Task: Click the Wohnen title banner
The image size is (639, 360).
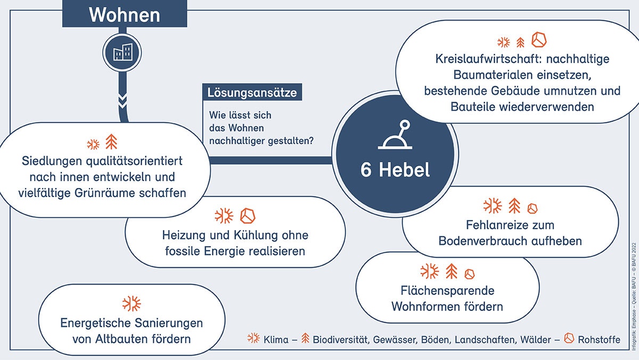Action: click(x=125, y=14)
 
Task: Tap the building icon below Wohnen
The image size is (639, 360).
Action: click(x=122, y=52)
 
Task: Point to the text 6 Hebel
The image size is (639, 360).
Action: click(x=395, y=170)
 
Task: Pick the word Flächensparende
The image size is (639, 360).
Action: click(x=447, y=291)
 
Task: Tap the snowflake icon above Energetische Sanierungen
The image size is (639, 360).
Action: click(x=132, y=304)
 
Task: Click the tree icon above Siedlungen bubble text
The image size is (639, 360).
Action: click(x=111, y=142)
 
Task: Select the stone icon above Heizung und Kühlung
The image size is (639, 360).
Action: click(x=248, y=216)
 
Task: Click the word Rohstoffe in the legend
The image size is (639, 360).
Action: click(x=599, y=339)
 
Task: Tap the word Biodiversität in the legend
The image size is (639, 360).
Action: click(x=341, y=339)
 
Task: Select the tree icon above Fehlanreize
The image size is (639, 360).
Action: click(x=514, y=206)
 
